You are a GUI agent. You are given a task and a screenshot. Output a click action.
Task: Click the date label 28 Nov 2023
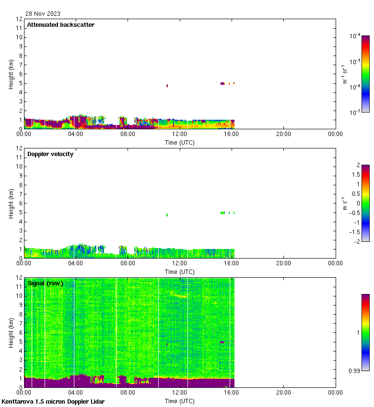pos(43,14)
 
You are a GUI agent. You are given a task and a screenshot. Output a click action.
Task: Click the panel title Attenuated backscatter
pos(60,25)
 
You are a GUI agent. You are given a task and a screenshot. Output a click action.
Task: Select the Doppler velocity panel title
pos(50,154)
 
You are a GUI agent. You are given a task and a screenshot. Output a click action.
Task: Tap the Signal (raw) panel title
pos(45,283)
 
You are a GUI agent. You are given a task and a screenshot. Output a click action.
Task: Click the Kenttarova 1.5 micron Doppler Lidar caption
pos(53,402)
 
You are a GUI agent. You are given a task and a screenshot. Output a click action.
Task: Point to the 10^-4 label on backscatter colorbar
pos(355,36)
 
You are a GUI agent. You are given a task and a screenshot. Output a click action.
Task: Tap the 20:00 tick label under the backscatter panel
pos(283,135)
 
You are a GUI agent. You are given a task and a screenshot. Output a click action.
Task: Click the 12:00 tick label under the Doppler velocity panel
pos(180,264)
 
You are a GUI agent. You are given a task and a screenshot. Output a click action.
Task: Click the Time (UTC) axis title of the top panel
pos(180,142)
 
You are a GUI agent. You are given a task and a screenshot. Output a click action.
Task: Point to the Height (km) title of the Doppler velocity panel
pos(11,203)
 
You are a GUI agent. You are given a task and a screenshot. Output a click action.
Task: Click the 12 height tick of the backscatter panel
pos(20,19)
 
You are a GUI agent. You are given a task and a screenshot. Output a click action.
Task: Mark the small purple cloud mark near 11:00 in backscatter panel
pos(167,86)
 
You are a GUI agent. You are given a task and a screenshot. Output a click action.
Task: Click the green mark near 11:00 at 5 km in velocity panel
pos(167,215)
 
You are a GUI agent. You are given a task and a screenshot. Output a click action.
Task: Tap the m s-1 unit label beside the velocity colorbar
pos(345,203)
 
